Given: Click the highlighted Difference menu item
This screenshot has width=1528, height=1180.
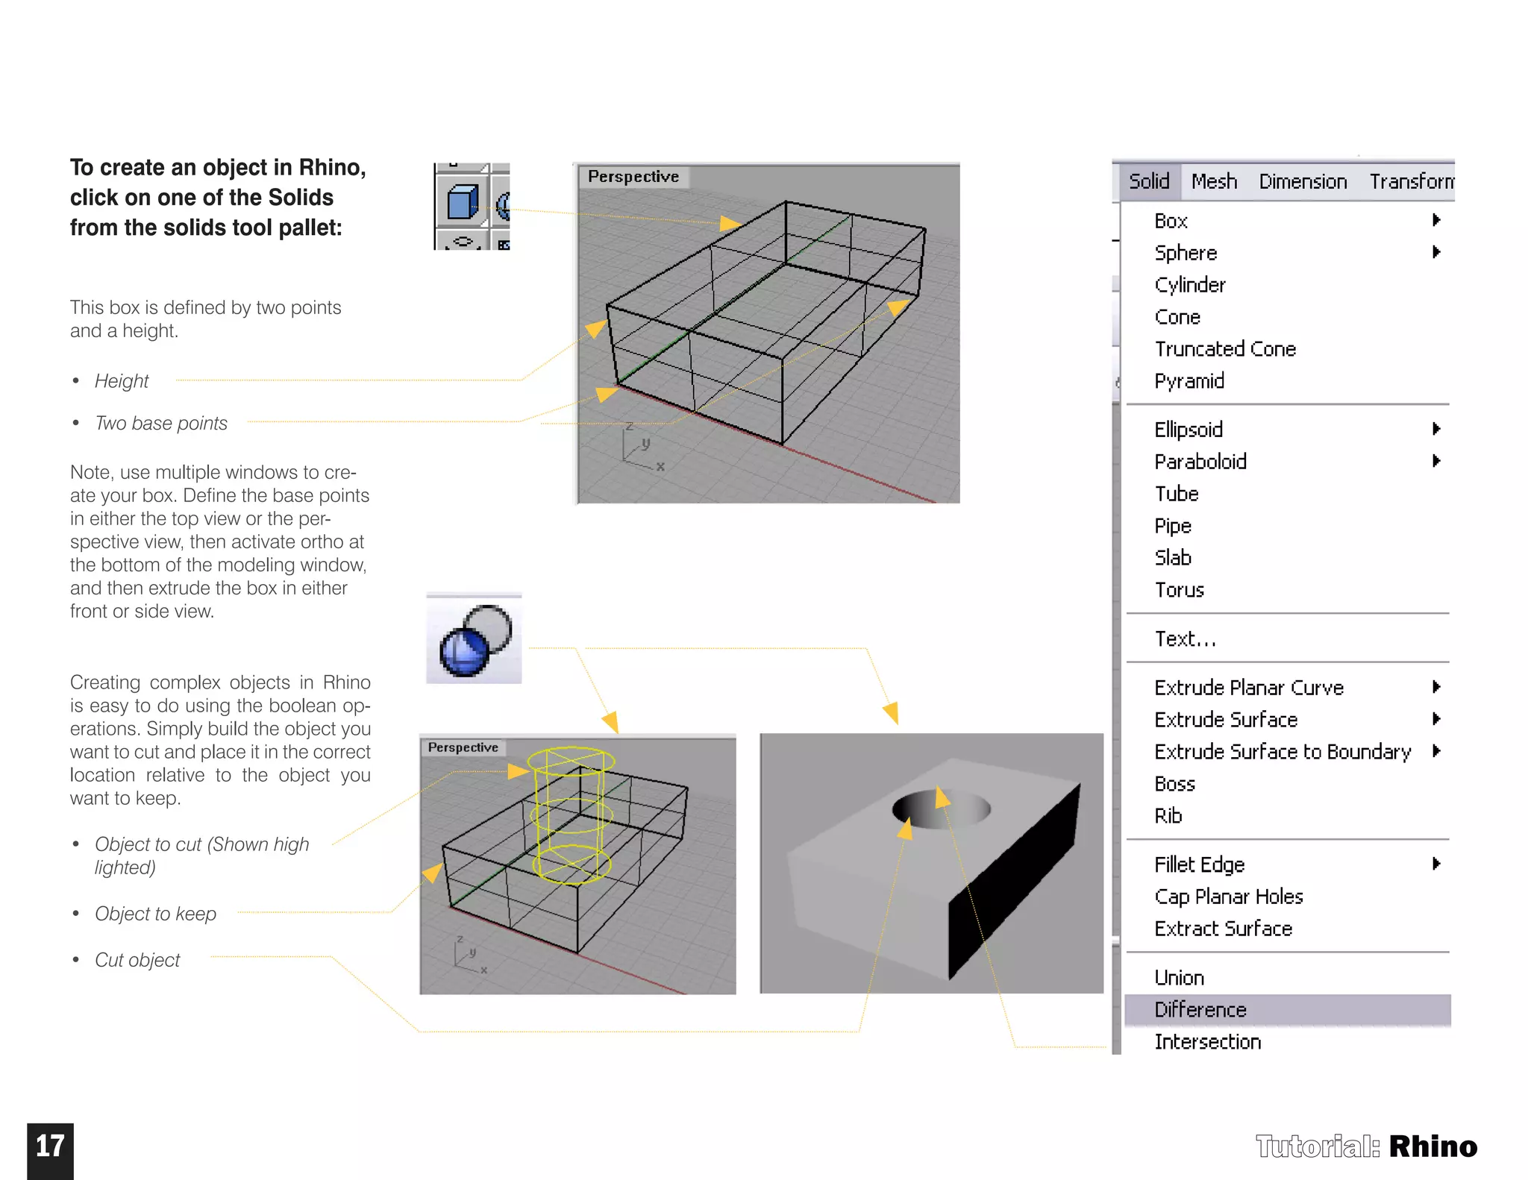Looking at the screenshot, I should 1200,1010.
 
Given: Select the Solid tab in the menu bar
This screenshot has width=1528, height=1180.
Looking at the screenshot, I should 1148,181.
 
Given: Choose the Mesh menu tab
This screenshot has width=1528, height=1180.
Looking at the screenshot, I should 1214,181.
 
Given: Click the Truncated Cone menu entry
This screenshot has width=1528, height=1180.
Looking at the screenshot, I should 1225,349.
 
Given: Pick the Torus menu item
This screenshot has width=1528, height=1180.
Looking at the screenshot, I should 1179,590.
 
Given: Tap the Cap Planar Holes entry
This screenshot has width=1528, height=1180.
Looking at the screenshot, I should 1228,897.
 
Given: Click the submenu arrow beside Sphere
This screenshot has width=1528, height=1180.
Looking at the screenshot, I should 1435,252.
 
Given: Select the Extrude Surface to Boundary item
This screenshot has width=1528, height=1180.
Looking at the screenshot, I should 1282,752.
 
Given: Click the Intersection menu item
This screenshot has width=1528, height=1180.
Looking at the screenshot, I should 1207,1042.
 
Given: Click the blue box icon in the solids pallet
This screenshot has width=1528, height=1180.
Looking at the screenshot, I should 462,202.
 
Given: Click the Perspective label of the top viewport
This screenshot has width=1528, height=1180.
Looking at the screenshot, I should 633,177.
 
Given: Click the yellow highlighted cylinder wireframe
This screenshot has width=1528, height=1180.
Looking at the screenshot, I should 571,813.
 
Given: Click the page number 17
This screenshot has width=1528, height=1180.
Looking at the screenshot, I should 50,1146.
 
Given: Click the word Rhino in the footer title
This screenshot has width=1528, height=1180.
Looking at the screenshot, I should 1432,1146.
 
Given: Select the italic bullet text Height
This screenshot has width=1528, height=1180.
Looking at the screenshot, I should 122,381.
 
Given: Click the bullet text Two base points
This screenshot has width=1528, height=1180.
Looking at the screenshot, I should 161,424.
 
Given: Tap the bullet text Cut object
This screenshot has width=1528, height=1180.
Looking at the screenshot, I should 137,960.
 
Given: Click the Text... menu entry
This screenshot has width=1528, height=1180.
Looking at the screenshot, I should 1184,639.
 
